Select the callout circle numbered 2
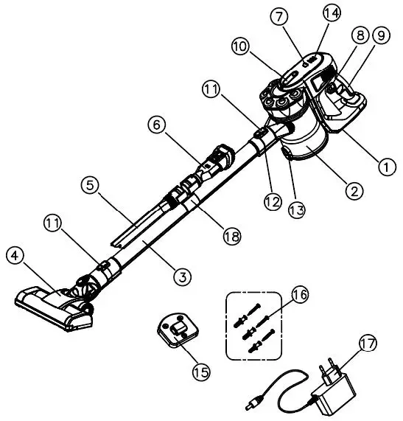pos(354,190)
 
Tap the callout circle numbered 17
pos(368,344)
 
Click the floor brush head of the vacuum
pos(55,302)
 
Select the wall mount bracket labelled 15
pos(177,327)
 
